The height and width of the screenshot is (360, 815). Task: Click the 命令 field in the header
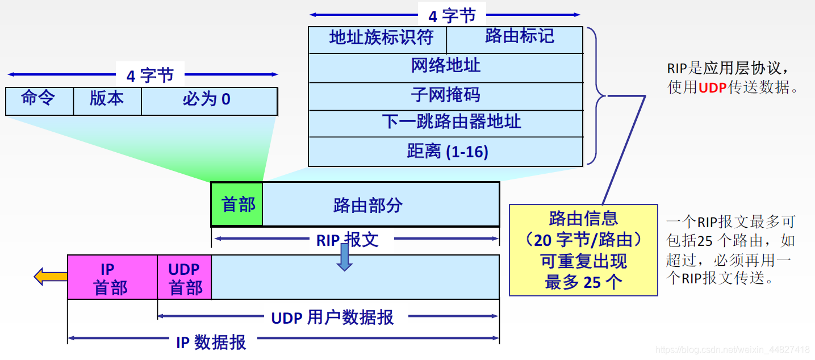tap(39, 101)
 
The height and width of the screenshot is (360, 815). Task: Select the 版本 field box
tap(107, 101)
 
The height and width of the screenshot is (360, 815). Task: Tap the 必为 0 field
tap(208, 101)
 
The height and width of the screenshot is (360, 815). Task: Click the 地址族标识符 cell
tap(378, 39)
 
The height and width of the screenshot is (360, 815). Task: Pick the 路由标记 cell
tap(515, 39)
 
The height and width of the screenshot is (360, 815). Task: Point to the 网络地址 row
tap(445, 67)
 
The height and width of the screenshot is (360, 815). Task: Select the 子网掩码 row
tap(445, 95)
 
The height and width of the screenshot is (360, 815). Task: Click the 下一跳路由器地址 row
tap(445, 123)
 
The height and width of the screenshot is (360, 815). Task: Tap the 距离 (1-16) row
tap(445, 152)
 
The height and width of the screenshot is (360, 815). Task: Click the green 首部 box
tap(237, 204)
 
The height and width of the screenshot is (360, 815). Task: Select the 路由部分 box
tap(381, 204)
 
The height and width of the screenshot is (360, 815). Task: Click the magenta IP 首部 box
tap(112, 278)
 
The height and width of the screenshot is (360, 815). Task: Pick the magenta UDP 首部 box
tap(185, 278)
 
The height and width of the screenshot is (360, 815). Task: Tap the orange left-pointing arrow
tap(50, 277)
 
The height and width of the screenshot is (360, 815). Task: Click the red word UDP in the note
tap(712, 88)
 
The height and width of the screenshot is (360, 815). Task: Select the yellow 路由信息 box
tap(583, 250)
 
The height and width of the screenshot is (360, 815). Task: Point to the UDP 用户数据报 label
tap(332, 317)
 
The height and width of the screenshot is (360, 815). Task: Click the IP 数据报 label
tap(211, 341)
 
